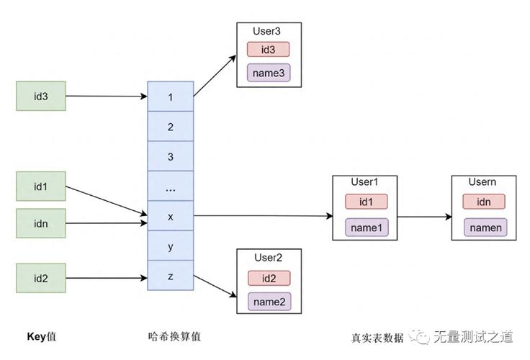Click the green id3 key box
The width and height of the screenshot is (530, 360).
click(x=41, y=96)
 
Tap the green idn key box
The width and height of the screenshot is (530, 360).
click(x=41, y=223)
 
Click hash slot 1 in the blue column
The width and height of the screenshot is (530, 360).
click(x=171, y=96)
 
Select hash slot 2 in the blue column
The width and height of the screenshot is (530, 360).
click(x=171, y=127)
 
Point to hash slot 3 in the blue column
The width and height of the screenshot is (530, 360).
click(x=171, y=156)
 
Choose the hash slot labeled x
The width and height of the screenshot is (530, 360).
click(x=171, y=216)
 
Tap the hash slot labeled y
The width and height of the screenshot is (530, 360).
click(x=171, y=246)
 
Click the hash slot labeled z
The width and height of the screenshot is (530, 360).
click(x=171, y=276)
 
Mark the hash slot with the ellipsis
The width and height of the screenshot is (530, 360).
click(x=171, y=186)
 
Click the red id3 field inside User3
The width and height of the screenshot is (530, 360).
click(x=269, y=49)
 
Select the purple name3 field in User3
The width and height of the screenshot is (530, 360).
click(x=269, y=73)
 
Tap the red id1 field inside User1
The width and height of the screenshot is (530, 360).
click(x=367, y=202)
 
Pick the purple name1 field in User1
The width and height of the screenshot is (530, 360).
click(x=367, y=227)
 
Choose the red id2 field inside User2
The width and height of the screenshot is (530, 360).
click(x=269, y=278)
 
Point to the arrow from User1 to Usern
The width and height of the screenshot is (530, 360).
click(x=424, y=216)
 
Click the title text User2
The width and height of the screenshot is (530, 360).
click(x=269, y=257)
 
